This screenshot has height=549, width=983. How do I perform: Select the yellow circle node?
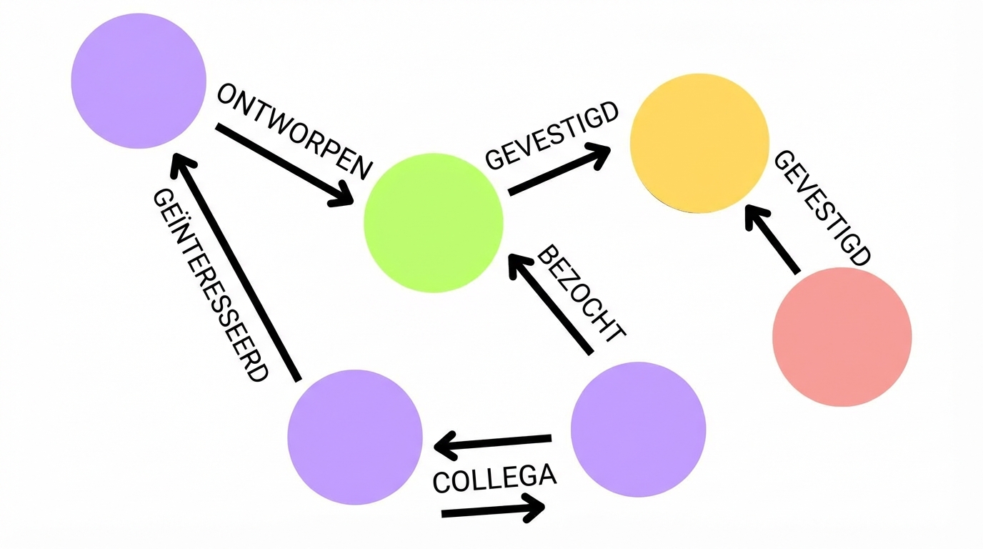699,143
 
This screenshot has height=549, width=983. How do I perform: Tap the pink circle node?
842,337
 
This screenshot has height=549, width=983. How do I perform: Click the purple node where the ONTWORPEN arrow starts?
139,81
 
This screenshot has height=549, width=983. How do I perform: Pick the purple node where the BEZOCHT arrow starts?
639,429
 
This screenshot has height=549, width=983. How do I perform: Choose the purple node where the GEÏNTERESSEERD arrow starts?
355,437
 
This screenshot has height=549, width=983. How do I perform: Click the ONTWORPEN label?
295,132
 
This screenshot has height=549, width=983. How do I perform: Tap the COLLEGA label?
494,478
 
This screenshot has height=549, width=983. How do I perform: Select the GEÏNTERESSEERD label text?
211,286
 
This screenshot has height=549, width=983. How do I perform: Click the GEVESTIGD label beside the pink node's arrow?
822,208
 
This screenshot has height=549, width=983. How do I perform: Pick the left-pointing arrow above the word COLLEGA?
493,444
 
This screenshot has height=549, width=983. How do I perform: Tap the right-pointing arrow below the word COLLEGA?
493,510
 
